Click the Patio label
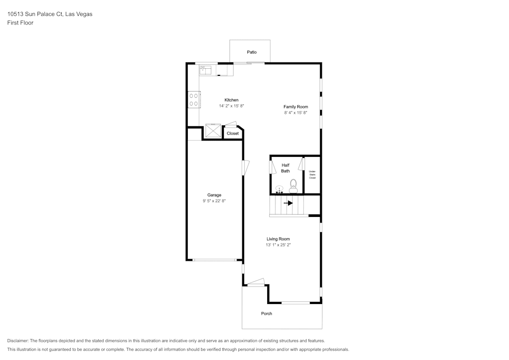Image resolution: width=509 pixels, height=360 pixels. (251, 52)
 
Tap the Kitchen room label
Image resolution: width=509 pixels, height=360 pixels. (232, 100)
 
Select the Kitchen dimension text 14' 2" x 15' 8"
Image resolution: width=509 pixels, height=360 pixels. (232, 106)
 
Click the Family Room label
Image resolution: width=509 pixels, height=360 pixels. (296, 107)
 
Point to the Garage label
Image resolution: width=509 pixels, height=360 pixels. (214, 195)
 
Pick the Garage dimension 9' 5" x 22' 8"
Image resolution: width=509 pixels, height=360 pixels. (214, 201)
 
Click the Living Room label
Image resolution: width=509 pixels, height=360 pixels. (278, 239)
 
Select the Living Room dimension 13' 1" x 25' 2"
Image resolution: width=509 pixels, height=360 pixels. (278, 245)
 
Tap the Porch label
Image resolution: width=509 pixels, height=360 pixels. (267, 314)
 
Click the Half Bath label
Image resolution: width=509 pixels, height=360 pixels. (286, 168)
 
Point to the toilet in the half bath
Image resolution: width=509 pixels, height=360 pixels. (294, 186)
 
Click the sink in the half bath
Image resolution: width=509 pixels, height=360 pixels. (279, 189)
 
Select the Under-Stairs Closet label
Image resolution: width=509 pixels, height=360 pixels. (313, 175)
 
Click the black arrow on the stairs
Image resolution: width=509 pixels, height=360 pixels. (288, 203)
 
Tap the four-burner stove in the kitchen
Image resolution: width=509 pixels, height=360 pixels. (194, 100)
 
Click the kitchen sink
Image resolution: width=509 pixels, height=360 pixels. (205, 70)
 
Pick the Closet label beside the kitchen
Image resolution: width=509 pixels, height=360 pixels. (233, 133)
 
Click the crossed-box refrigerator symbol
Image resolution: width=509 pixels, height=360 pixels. (213, 131)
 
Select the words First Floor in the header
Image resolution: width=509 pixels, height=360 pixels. (20, 23)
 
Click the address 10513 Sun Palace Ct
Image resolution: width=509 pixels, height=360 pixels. (35, 14)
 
